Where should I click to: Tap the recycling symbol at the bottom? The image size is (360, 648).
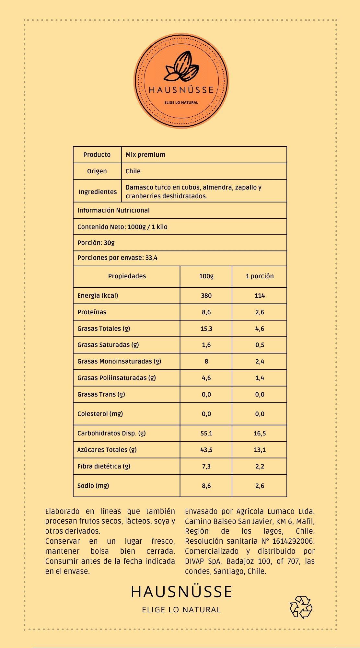[301, 607]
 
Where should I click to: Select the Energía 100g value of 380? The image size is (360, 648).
[206, 295]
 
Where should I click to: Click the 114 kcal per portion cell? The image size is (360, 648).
[260, 295]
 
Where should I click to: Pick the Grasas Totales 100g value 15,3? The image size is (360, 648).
[206, 329]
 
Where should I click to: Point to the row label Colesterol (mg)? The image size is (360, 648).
[100, 414]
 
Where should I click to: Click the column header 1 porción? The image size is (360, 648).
[260, 276]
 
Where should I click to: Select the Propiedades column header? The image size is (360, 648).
[127, 276]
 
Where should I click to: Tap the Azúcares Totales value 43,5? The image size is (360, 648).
[206, 450]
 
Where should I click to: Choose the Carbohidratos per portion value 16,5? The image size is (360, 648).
[260, 433]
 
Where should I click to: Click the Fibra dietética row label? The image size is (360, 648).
[104, 466]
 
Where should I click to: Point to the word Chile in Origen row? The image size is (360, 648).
[133, 171]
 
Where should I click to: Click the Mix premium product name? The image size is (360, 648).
[145, 155]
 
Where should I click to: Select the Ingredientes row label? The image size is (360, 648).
[98, 191]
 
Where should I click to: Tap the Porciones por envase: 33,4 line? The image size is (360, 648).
[117, 258]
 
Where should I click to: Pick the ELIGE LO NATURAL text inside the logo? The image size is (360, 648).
[181, 102]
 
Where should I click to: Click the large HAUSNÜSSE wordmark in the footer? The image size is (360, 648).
[181, 592]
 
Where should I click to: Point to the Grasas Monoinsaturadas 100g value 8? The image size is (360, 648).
[206, 361]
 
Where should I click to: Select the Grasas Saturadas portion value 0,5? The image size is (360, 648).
[260, 345]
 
